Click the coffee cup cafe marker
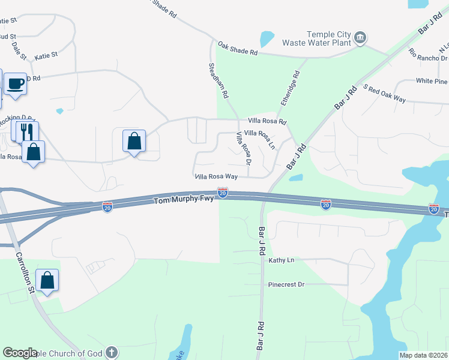coord(16,83)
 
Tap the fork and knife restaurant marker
coord(26,131)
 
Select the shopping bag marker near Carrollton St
coord(47,280)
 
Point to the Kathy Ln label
coord(281,260)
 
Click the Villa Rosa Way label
coord(216,177)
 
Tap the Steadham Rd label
coord(218,81)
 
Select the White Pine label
coord(432,81)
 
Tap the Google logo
coord(20,353)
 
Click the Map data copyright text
coord(423,355)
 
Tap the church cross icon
coord(110,352)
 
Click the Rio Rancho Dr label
coord(428,55)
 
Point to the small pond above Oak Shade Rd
coord(267,39)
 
